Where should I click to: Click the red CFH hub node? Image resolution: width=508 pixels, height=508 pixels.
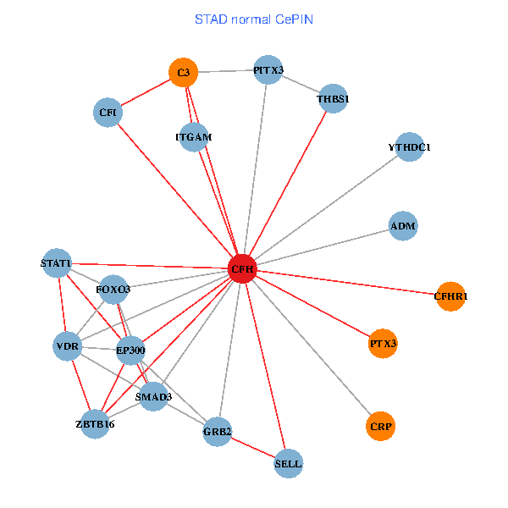[243, 269]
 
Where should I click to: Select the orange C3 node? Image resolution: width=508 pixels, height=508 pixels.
[183, 73]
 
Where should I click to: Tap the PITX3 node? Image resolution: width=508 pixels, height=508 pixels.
[268, 70]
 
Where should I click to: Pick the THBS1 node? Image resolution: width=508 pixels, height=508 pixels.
[333, 98]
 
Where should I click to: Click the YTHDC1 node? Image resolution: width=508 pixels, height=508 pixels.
[410, 147]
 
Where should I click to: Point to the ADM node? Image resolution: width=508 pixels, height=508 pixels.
[403, 226]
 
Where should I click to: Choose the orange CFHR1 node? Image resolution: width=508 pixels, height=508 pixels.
[450, 296]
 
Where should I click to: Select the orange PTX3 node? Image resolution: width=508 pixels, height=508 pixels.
[384, 344]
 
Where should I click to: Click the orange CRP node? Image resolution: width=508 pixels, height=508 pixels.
[381, 425]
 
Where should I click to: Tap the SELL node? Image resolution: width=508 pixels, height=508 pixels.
[288, 463]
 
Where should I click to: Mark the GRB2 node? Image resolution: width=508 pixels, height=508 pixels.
[218, 432]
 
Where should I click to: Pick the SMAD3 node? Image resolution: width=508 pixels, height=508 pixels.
[153, 396]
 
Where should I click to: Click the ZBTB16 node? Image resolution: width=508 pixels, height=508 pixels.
[94, 423]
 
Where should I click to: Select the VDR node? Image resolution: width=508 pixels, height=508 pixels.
[67, 347]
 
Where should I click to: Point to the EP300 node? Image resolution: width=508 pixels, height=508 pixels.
[130, 350]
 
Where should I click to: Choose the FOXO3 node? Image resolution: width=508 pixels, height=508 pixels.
[113, 290]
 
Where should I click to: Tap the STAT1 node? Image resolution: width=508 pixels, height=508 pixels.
[57, 263]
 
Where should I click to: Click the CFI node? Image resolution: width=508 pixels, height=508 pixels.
[108, 113]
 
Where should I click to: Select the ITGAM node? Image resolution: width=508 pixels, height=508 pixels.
[194, 136]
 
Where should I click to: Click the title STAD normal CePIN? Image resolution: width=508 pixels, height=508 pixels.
[254, 19]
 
